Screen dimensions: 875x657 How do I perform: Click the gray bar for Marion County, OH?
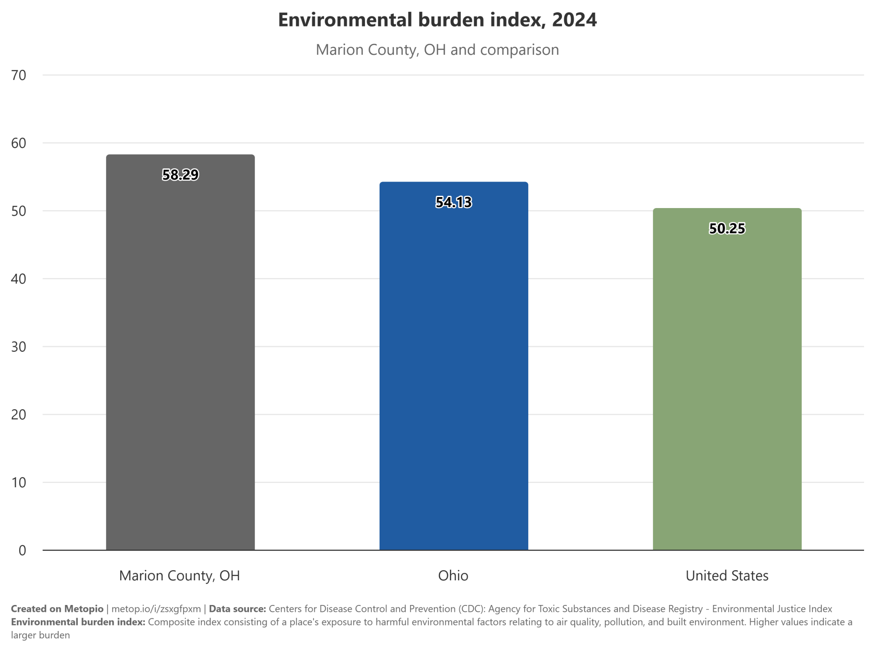(x=180, y=352)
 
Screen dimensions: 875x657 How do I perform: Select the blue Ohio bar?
(x=454, y=366)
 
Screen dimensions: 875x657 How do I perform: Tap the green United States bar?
(x=727, y=379)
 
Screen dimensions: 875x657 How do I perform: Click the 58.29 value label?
(x=180, y=175)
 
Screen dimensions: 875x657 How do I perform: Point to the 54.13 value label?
(x=454, y=202)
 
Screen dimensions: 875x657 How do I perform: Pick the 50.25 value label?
(x=727, y=228)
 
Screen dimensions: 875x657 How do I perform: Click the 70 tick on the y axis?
(x=19, y=75)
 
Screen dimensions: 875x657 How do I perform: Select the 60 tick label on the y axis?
(x=19, y=143)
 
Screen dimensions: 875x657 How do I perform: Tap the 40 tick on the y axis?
(x=19, y=279)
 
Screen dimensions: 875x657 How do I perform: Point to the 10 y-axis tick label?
(x=19, y=483)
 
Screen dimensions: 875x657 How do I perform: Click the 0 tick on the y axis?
(x=22, y=551)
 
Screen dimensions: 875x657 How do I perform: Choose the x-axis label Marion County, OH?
(x=180, y=576)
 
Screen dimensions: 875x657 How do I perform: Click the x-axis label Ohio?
(x=453, y=576)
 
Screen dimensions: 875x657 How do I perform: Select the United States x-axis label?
(x=727, y=576)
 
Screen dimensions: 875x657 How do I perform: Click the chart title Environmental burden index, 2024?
(x=437, y=20)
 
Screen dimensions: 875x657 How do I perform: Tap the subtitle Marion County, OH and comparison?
(x=437, y=50)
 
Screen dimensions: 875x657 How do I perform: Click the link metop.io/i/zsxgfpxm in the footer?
(x=156, y=609)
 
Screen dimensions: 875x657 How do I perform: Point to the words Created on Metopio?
(x=57, y=609)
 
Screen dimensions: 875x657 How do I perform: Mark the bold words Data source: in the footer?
(x=237, y=609)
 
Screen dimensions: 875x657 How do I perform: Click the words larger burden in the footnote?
(x=41, y=636)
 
